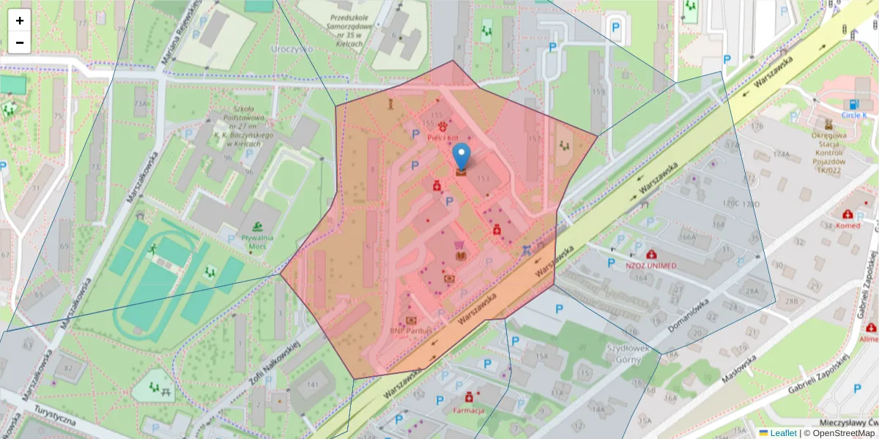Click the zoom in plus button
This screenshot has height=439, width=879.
(x=20, y=20)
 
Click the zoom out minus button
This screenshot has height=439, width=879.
(x=20, y=42)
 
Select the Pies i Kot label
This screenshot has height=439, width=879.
(x=442, y=138)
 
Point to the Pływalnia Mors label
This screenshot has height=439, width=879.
(x=257, y=241)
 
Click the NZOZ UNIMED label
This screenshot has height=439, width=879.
(x=651, y=265)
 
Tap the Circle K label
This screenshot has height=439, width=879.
(x=853, y=115)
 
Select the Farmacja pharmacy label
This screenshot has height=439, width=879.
(x=469, y=410)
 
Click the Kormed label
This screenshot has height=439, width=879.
(x=848, y=225)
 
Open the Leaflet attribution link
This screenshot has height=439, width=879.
(x=782, y=433)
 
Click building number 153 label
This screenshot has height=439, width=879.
(x=483, y=179)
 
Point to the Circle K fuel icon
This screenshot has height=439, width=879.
(x=853, y=104)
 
